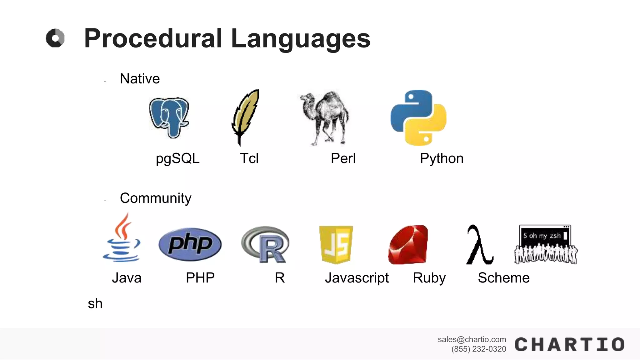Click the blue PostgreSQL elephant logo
click(x=169, y=117)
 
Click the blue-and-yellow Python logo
click(x=418, y=118)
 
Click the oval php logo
click(x=190, y=244)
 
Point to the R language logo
click(x=266, y=244)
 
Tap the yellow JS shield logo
click(x=336, y=244)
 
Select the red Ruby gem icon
click(x=408, y=245)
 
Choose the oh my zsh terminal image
click(x=546, y=244)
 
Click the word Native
click(x=140, y=79)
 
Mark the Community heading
click(x=155, y=198)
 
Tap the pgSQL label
click(x=177, y=158)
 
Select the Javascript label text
click(x=357, y=278)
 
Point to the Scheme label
click(x=504, y=278)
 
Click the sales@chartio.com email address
click(x=472, y=339)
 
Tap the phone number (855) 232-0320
click(x=478, y=349)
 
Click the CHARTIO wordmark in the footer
click(x=569, y=345)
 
